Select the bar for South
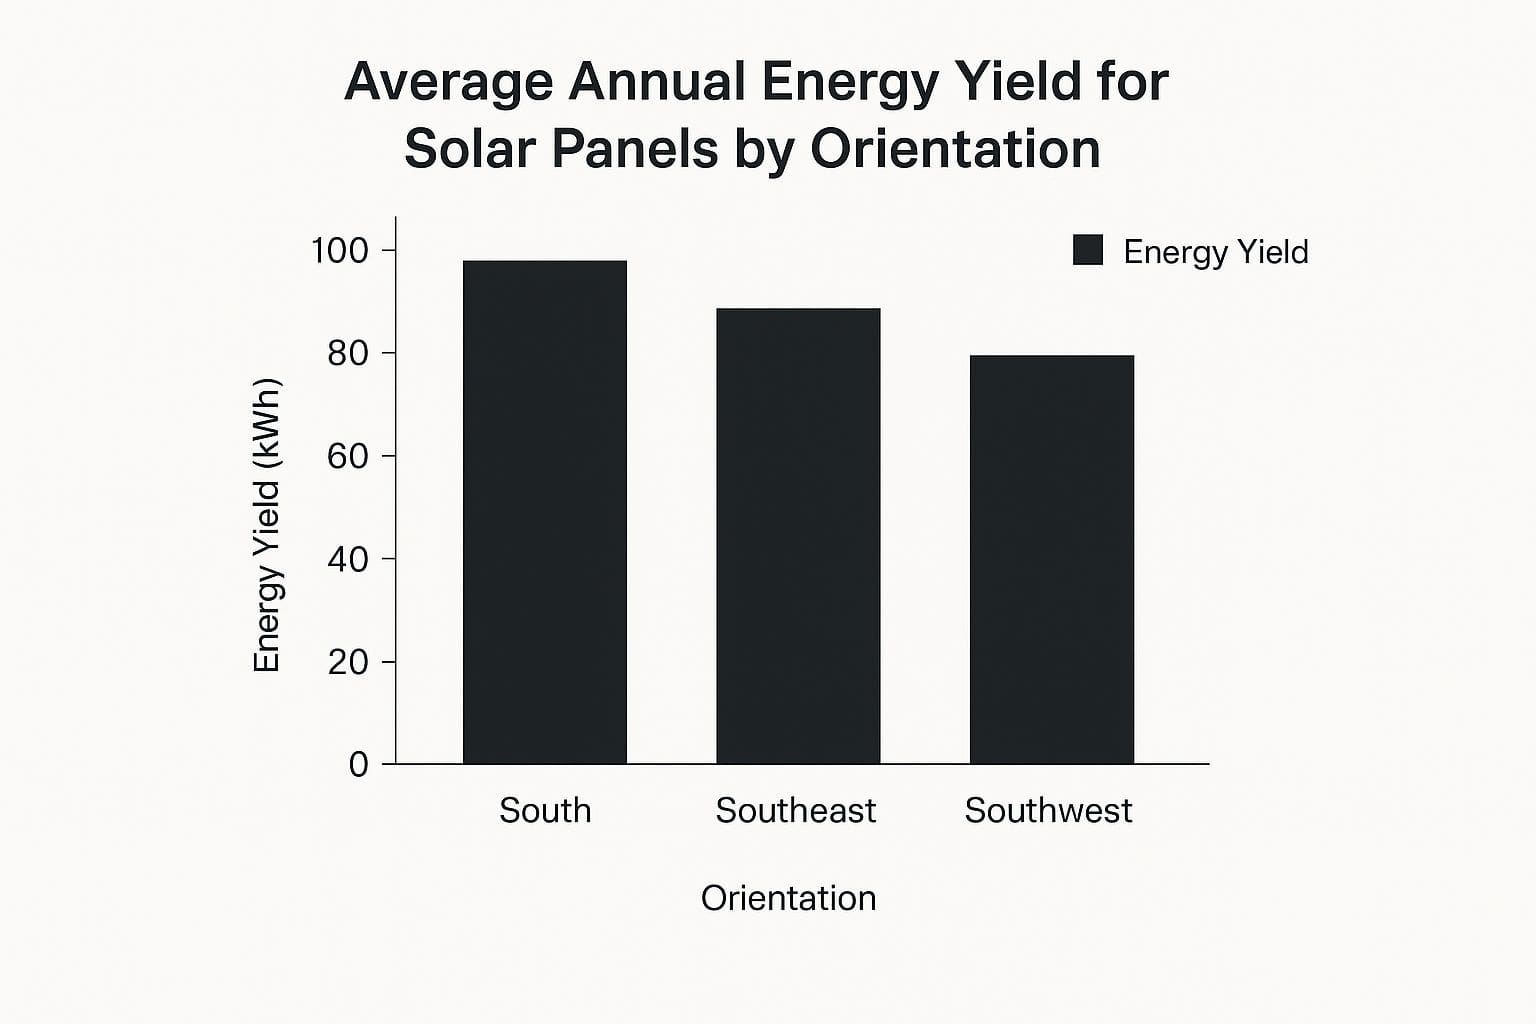tap(545, 512)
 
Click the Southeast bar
tap(798, 536)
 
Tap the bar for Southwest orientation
tap(1051, 559)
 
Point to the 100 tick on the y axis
tap(340, 250)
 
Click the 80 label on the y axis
tap(347, 353)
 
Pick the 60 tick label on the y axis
tap(347, 456)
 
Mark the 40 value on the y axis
tap(347, 559)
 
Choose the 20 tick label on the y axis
tap(347, 662)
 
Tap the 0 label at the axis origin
tap(358, 765)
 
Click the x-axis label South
tap(545, 810)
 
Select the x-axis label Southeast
tap(796, 810)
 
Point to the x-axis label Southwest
tap(1048, 810)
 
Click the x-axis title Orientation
tap(788, 898)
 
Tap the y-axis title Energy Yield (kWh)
tap(267, 525)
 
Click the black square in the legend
tap(1087, 250)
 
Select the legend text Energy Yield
tap(1215, 252)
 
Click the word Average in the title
tap(448, 82)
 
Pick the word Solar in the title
tap(469, 149)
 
